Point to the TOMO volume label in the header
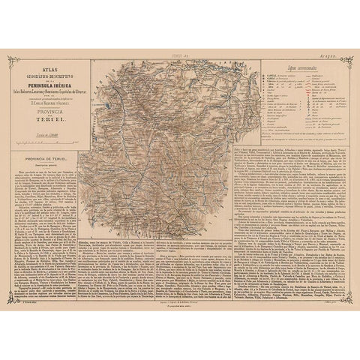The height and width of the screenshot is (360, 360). [x=179, y=55]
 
